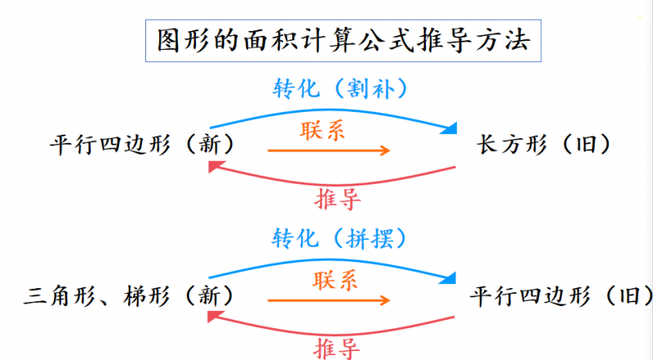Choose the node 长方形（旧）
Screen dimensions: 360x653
pos(543,144)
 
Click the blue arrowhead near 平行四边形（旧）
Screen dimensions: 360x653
pos(447,278)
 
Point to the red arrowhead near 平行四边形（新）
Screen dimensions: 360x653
pos(215,167)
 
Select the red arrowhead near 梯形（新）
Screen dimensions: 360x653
pos(215,318)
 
